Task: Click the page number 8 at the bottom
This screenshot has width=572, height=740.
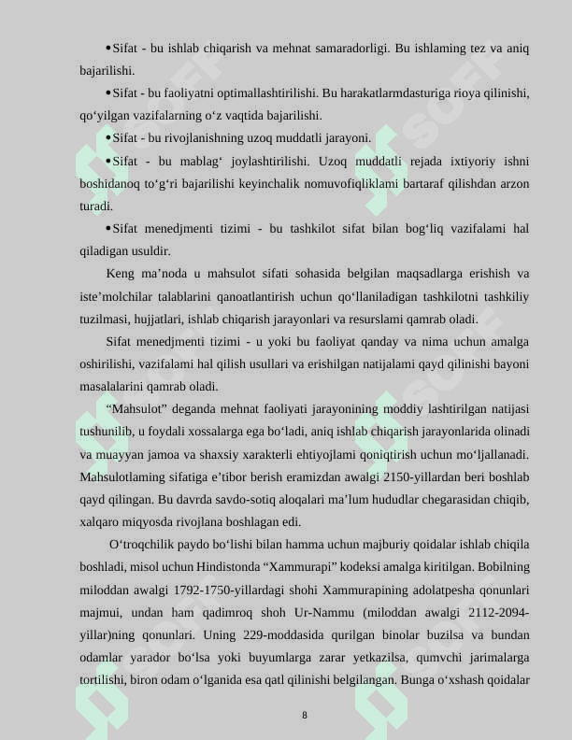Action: tap(304, 715)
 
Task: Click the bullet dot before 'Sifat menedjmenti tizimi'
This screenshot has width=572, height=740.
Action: tap(108, 229)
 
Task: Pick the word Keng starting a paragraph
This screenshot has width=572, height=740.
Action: tap(121, 274)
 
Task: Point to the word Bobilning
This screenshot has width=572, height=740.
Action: tap(504, 567)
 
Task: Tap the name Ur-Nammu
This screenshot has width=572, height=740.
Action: tap(347, 612)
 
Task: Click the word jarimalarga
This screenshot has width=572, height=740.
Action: tap(494, 658)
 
